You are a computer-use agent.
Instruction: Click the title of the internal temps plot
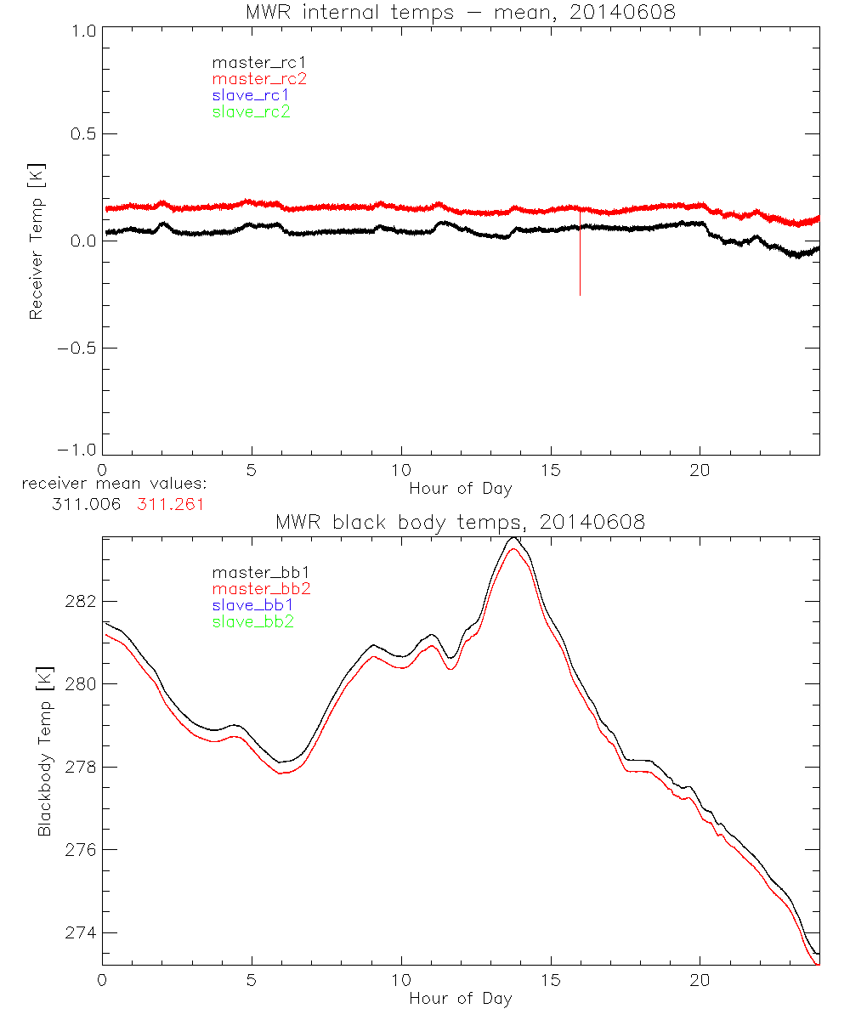(460, 12)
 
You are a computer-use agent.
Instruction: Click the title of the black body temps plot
(460, 522)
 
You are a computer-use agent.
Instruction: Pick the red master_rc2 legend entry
(258, 79)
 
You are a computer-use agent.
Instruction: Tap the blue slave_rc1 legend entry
(252, 95)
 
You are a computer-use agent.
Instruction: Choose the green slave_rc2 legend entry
(252, 111)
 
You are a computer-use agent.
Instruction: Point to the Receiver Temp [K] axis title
(36, 241)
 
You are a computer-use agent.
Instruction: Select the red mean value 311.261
(171, 504)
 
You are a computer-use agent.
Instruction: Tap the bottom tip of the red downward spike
(580, 295)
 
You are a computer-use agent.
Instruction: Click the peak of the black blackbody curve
(513, 538)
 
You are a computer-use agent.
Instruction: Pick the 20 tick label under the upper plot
(700, 470)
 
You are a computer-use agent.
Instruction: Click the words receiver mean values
(115, 485)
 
